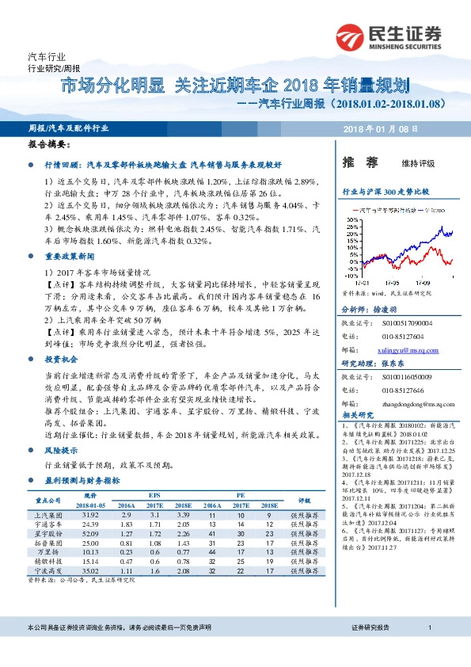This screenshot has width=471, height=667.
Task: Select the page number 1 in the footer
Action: click(429, 650)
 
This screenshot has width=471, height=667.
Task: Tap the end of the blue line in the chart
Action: click(452, 232)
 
